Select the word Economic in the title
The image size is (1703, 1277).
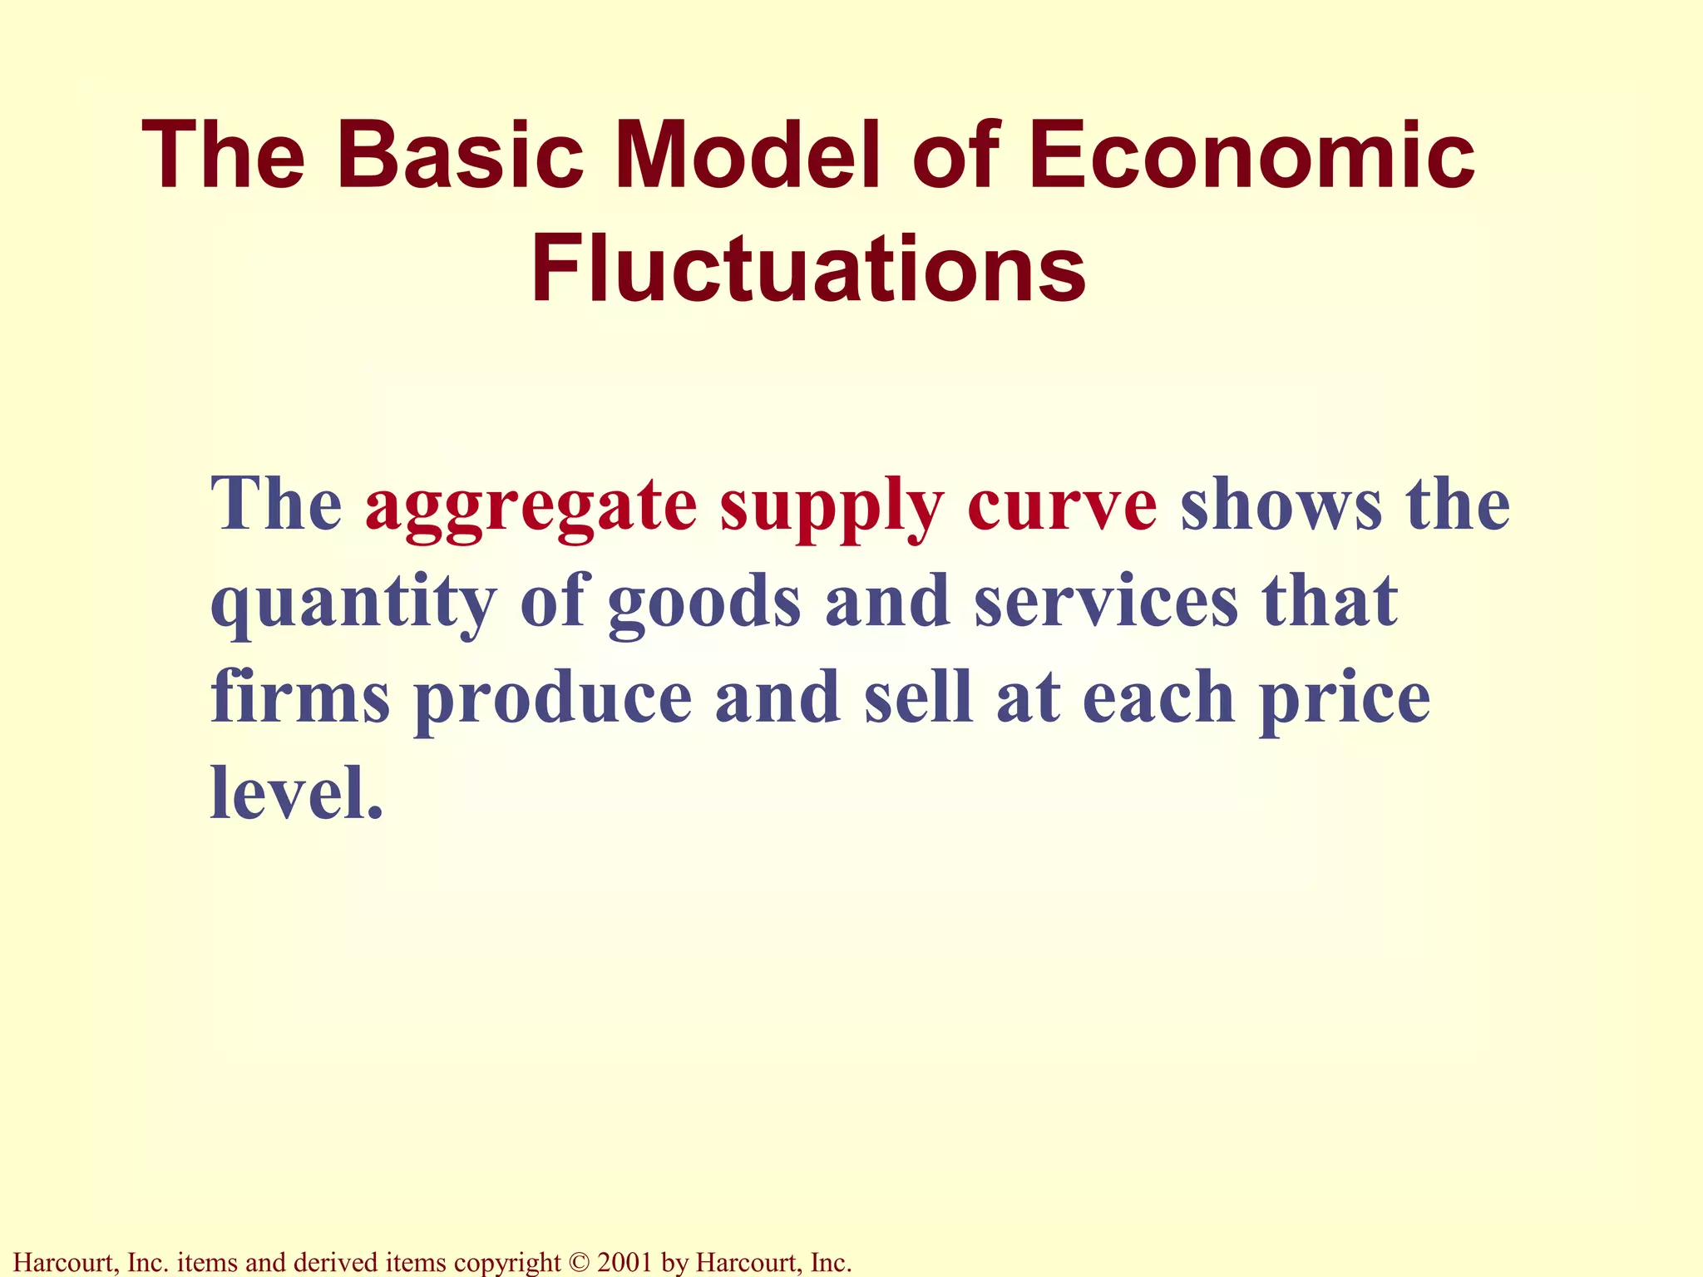[1251, 155]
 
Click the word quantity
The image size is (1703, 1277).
[353, 603]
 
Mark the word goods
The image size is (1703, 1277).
[704, 603]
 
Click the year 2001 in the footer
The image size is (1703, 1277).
[624, 1262]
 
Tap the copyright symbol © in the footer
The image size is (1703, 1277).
[579, 1262]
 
